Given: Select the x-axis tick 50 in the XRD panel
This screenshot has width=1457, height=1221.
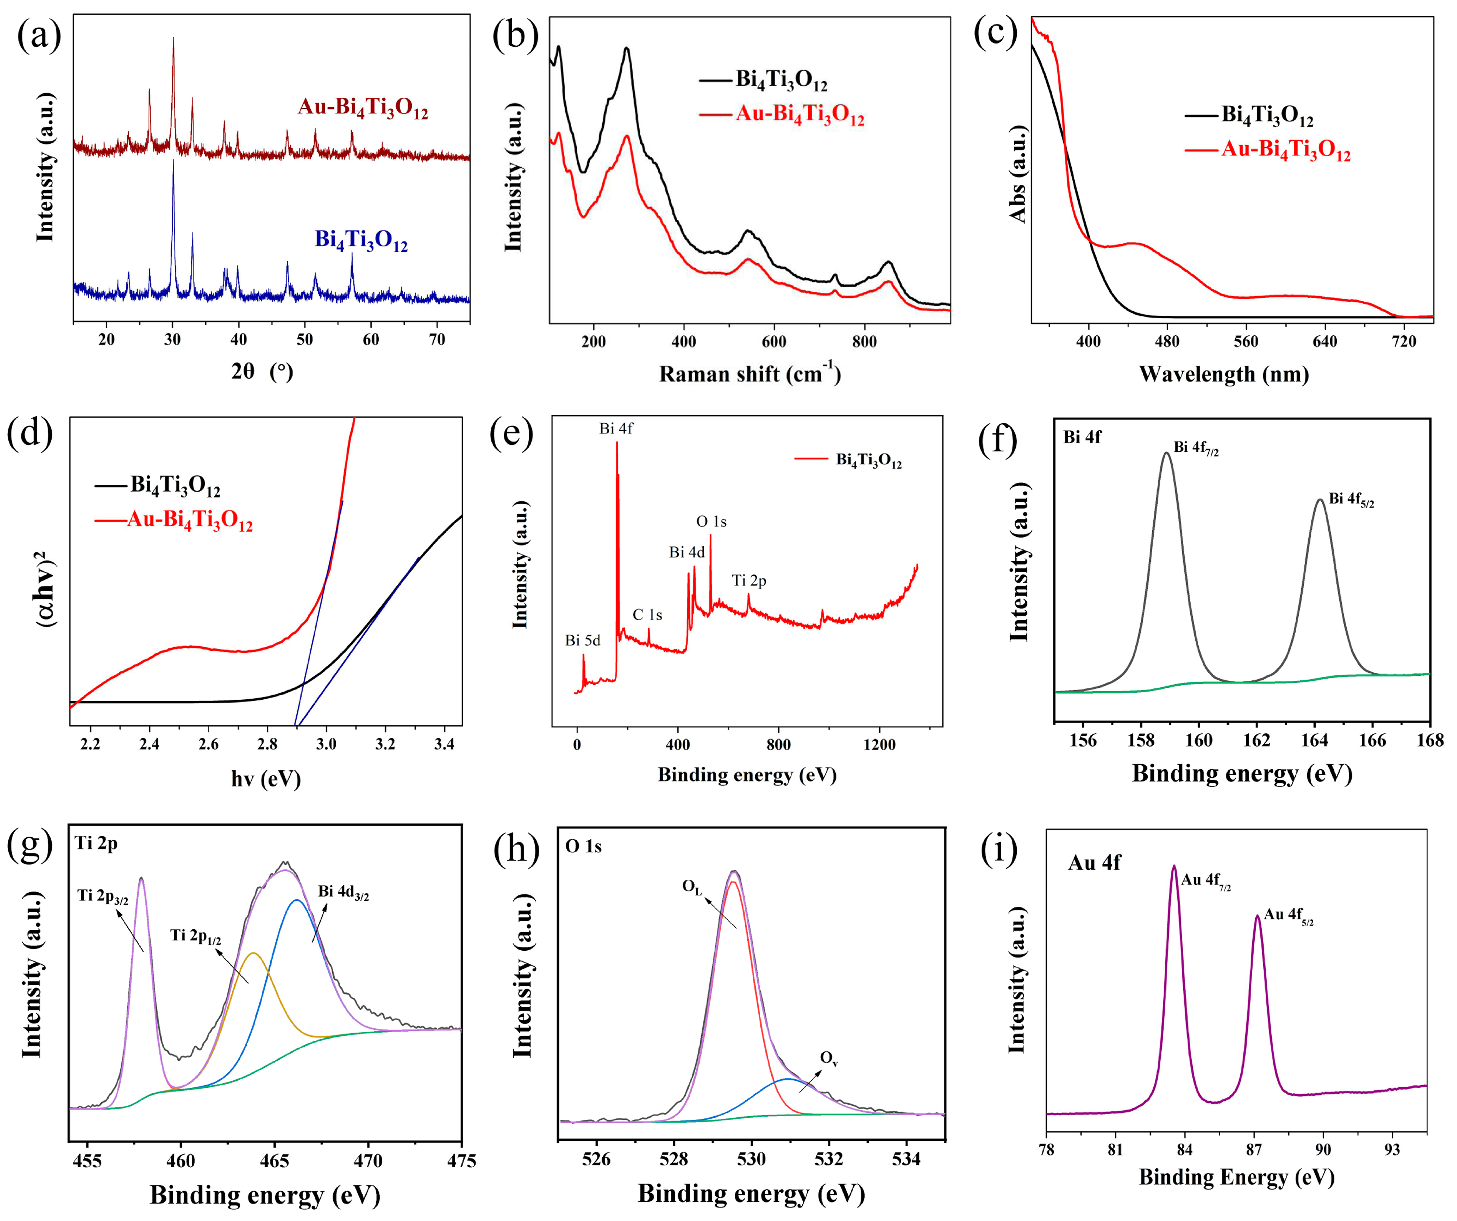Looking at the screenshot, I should tap(304, 339).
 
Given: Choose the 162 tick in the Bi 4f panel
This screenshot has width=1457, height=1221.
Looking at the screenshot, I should tap(1256, 740).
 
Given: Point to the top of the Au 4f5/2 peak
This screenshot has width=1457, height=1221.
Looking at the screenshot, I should tap(1257, 916).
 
